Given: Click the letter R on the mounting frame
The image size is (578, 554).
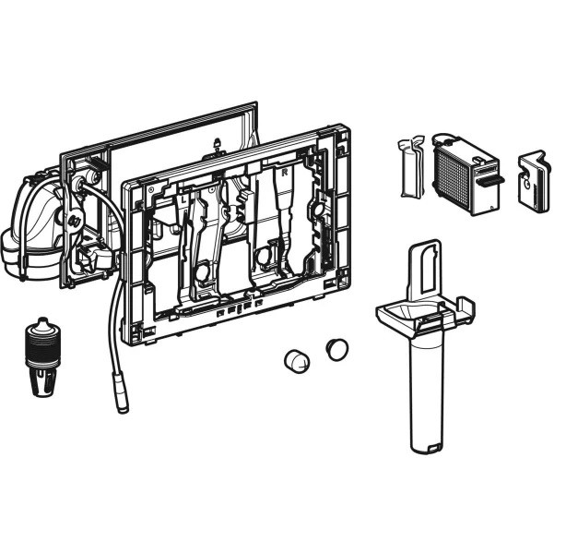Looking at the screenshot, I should (285, 173).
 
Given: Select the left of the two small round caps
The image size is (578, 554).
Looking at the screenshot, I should (297, 360).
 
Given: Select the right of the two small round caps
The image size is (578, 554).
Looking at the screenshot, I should (336, 349).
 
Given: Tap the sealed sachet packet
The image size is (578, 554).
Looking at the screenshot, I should (411, 167).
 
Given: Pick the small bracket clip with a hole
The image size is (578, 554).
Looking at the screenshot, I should (532, 182).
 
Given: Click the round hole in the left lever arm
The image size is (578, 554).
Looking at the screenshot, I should (201, 271).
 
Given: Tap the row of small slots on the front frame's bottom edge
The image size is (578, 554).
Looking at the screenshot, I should (234, 309).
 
